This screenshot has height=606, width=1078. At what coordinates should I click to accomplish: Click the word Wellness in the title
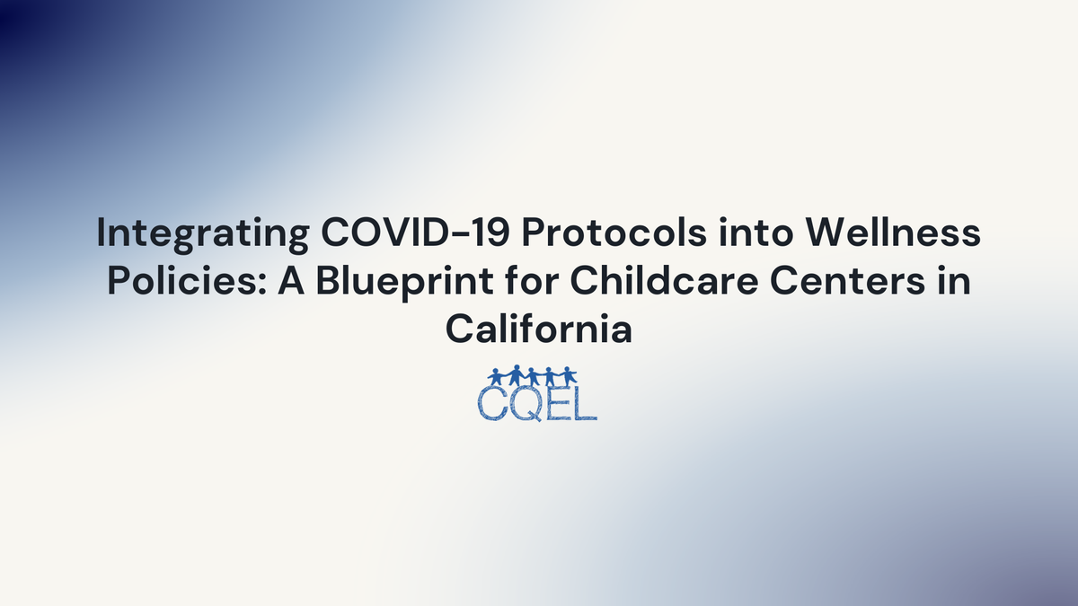click(884, 235)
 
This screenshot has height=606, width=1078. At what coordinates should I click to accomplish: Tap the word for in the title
click(504, 282)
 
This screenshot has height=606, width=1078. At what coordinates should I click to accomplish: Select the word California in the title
click(539, 329)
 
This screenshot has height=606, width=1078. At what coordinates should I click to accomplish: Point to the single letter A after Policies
click(275, 282)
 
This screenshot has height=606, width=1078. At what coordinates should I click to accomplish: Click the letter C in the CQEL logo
click(491, 403)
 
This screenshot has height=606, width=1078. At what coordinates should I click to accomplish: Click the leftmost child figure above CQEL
click(498, 375)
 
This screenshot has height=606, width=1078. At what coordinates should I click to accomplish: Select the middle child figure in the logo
click(533, 375)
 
